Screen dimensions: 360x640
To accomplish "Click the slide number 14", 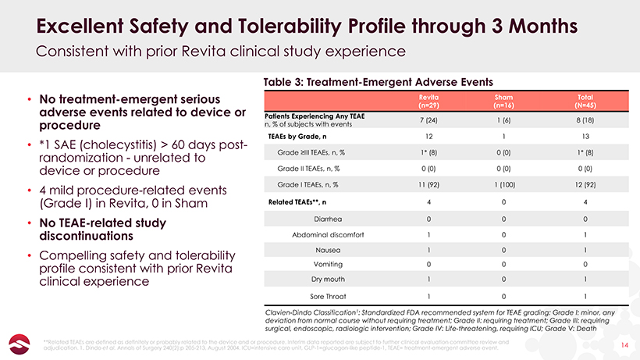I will [x=623, y=343].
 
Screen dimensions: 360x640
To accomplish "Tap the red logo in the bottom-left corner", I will [x=18, y=342].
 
